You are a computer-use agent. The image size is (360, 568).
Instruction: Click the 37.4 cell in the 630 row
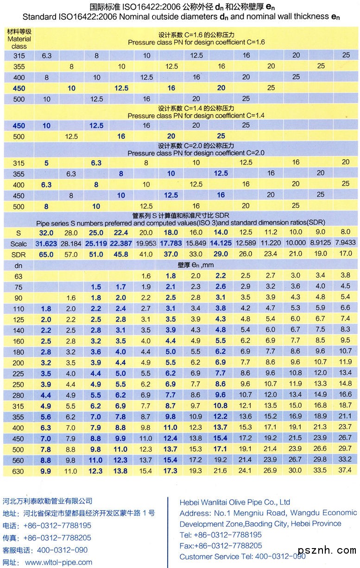tap(345, 471)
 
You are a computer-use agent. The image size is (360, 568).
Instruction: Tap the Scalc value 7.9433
tap(345, 243)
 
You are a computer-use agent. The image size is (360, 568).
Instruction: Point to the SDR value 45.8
tap(121, 254)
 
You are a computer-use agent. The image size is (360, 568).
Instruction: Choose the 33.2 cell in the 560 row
tap(345, 460)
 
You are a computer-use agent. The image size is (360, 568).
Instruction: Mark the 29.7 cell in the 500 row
tap(345, 449)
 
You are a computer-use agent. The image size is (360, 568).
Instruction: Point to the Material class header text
tap(19, 39)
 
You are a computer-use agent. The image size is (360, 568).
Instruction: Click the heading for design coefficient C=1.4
tap(196, 112)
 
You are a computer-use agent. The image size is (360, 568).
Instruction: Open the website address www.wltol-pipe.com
tap(58, 562)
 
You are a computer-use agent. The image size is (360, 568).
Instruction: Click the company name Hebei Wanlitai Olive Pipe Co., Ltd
tap(235, 502)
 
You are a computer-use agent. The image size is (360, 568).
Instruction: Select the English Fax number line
tap(221, 546)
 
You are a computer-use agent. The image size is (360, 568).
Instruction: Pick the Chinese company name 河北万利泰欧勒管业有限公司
tap(47, 501)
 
